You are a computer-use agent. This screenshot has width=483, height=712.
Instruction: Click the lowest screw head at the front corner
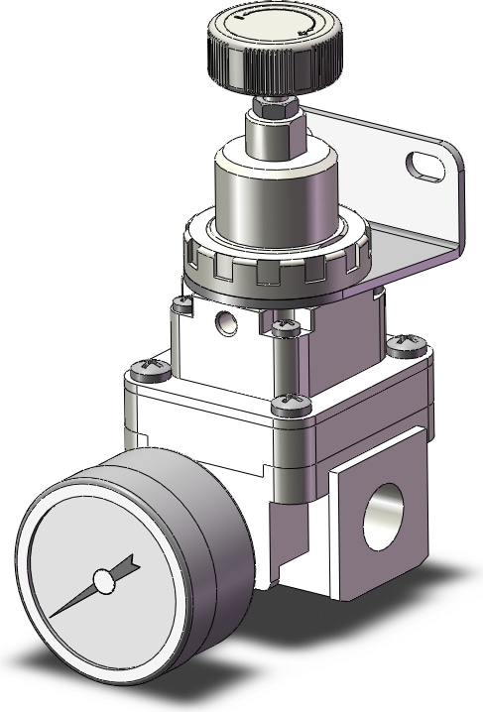pos(290,402)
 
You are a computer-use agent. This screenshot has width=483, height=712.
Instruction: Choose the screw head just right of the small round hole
pos(285,325)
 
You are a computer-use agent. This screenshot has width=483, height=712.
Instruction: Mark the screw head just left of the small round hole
pos(181,306)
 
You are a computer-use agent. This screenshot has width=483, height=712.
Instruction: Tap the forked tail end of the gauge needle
pos(126,566)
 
